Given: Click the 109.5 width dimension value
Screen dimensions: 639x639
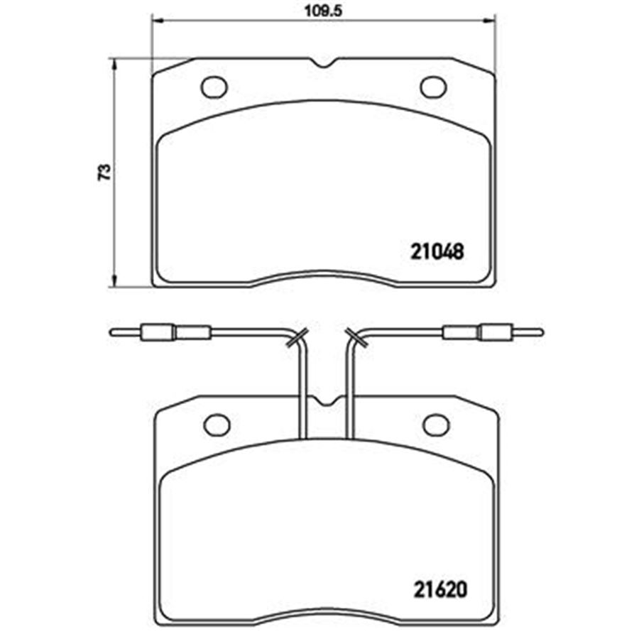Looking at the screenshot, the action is [324, 11].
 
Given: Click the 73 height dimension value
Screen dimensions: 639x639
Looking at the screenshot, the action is [104, 172].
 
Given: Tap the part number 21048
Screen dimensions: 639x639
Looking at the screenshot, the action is [437, 251].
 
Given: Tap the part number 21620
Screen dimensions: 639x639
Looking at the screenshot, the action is [440, 589].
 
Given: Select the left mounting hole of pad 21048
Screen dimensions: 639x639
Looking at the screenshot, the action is [214, 87].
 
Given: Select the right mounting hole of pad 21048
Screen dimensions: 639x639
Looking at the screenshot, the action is [433, 87].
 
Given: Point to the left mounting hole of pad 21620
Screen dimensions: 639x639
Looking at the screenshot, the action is [217, 425].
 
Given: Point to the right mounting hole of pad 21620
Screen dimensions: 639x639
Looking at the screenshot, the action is [437, 425].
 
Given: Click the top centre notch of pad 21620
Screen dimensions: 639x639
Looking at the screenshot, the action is [326, 400].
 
